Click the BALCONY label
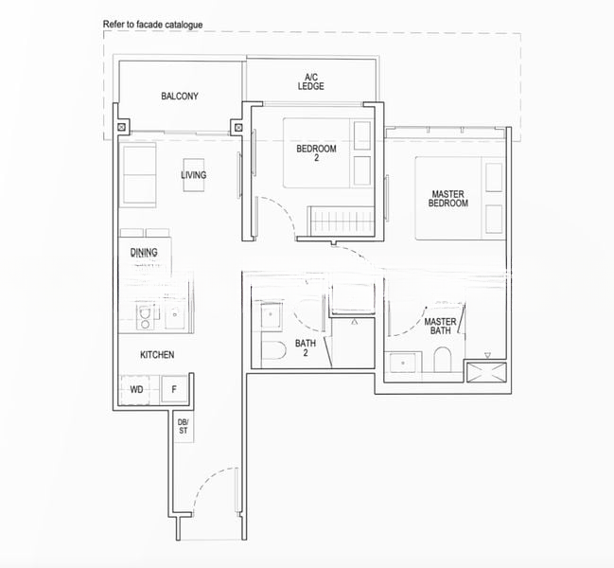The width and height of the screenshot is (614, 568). pos(179,97)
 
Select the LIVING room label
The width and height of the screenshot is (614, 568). pos(194,175)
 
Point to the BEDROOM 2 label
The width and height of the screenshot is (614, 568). pos(315,152)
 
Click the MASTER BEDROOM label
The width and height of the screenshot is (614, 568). pos(447,199)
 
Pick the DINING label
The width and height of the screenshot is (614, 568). pos(144,253)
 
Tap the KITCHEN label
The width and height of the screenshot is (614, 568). pos(157,354)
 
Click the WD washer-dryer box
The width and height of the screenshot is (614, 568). pos(137,389)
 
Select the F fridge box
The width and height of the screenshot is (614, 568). pos(174,389)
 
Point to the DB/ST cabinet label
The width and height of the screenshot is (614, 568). pos(184,425)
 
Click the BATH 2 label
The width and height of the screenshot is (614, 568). pos(306,347)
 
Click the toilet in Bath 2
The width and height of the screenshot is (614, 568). pos(273,353)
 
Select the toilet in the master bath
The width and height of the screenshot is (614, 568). pos(442,361)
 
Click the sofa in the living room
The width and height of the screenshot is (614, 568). pos(138,175)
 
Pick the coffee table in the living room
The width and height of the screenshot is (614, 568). pos(194,176)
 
